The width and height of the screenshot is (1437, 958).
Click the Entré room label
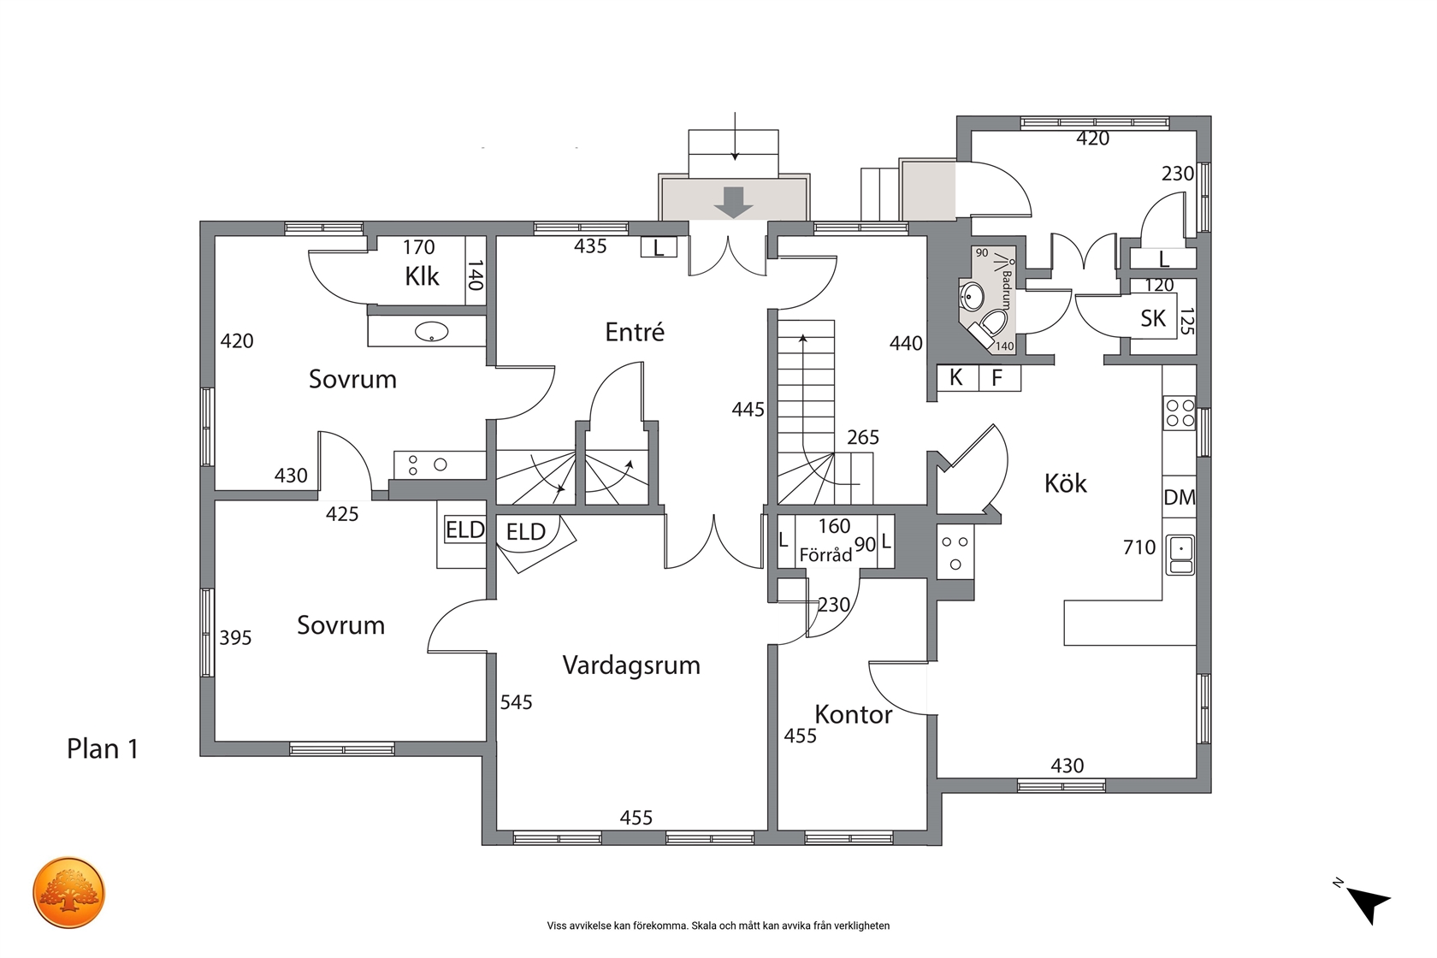pyautogui.click(x=635, y=332)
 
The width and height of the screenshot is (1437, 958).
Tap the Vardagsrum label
pyautogui.click(x=631, y=665)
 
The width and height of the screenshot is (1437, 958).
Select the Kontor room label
pyautogui.click(x=854, y=715)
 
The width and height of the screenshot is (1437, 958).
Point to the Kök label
pyautogui.click(x=1066, y=483)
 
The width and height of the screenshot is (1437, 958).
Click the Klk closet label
pyautogui.click(x=422, y=276)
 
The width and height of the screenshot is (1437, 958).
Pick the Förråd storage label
pyautogui.click(x=825, y=554)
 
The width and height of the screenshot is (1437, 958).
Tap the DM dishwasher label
pyautogui.click(x=1179, y=497)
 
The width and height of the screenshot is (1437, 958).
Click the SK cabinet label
pyautogui.click(x=1153, y=318)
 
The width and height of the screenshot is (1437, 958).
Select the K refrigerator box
pyautogui.click(x=958, y=378)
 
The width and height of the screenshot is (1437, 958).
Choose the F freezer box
pyautogui.click(x=999, y=378)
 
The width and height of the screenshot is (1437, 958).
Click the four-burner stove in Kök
pyautogui.click(x=1180, y=413)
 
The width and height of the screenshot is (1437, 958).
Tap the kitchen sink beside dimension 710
pyautogui.click(x=1180, y=555)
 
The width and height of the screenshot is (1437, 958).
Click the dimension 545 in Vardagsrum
pyautogui.click(x=516, y=702)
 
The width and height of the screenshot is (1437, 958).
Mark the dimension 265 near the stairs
pyautogui.click(x=863, y=437)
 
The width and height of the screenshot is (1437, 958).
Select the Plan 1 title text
pyautogui.click(x=103, y=748)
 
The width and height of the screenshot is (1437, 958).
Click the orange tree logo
pyautogui.click(x=68, y=892)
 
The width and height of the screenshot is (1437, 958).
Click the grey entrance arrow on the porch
pyautogui.click(x=733, y=203)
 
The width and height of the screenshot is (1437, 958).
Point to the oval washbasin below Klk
pyautogui.click(x=432, y=332)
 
